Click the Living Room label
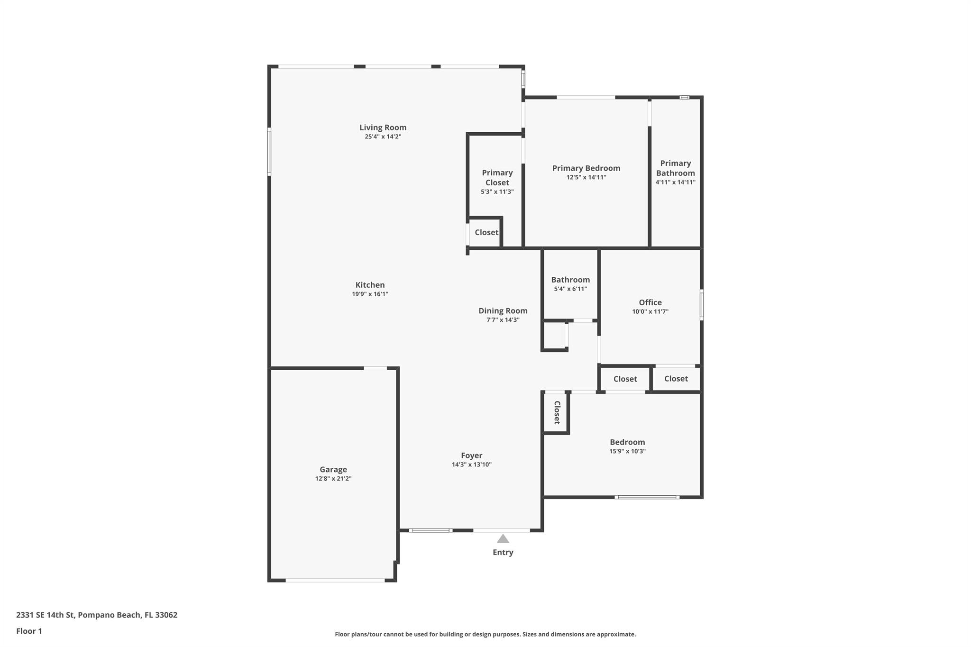pos(383,127)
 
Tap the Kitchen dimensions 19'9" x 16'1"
pos(370,294)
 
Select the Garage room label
pos(333,469)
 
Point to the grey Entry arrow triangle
pos(503,538)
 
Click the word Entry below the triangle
pos(503,552)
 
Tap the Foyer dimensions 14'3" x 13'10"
pos(471,465)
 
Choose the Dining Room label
pos(503,310)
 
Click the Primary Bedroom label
pos(586,168)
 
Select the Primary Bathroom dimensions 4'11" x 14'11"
pos(675,182)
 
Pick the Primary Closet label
pos(497,177)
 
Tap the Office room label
pos(650,302)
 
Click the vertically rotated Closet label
pos(557,412)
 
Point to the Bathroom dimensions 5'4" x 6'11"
pos(570,289)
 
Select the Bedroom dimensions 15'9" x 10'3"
pos(627,451)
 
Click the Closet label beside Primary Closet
pos(486,232)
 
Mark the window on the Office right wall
pos(701,305)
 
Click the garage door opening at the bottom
pos(335,580)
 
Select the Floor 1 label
pos(29,631)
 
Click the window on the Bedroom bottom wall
pos(647,497)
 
